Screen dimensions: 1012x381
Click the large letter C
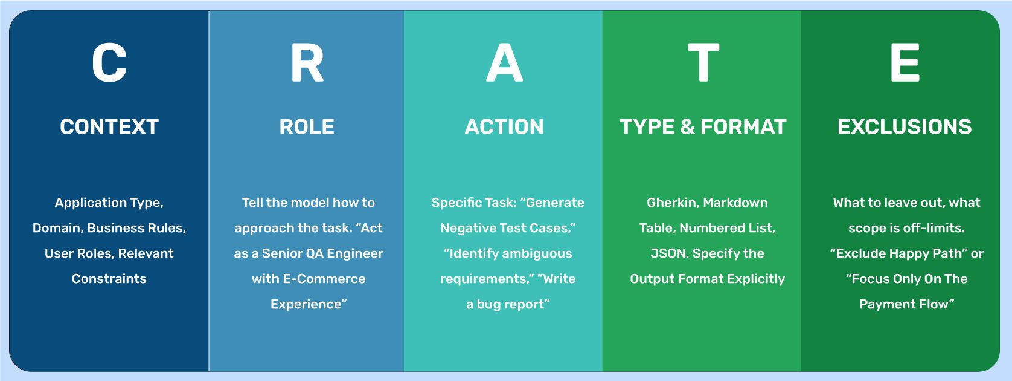coord(109,62)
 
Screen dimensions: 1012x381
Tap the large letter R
coord(307,62)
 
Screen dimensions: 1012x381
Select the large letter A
coord(505,62)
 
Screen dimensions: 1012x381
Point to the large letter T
coord(703,62)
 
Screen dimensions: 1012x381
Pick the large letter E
coord(905,62)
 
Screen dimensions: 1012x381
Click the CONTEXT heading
coord(109,127)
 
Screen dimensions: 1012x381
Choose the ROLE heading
coord(307,127)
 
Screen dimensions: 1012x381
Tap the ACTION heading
coord(504,127)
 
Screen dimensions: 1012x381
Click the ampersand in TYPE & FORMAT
coord(688,127)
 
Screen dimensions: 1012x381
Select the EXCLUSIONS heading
coord(905,127)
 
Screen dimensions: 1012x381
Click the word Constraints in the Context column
coord(109,279)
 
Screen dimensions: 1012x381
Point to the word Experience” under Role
coord(309,305)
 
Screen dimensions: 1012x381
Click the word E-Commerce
coord(324,279)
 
